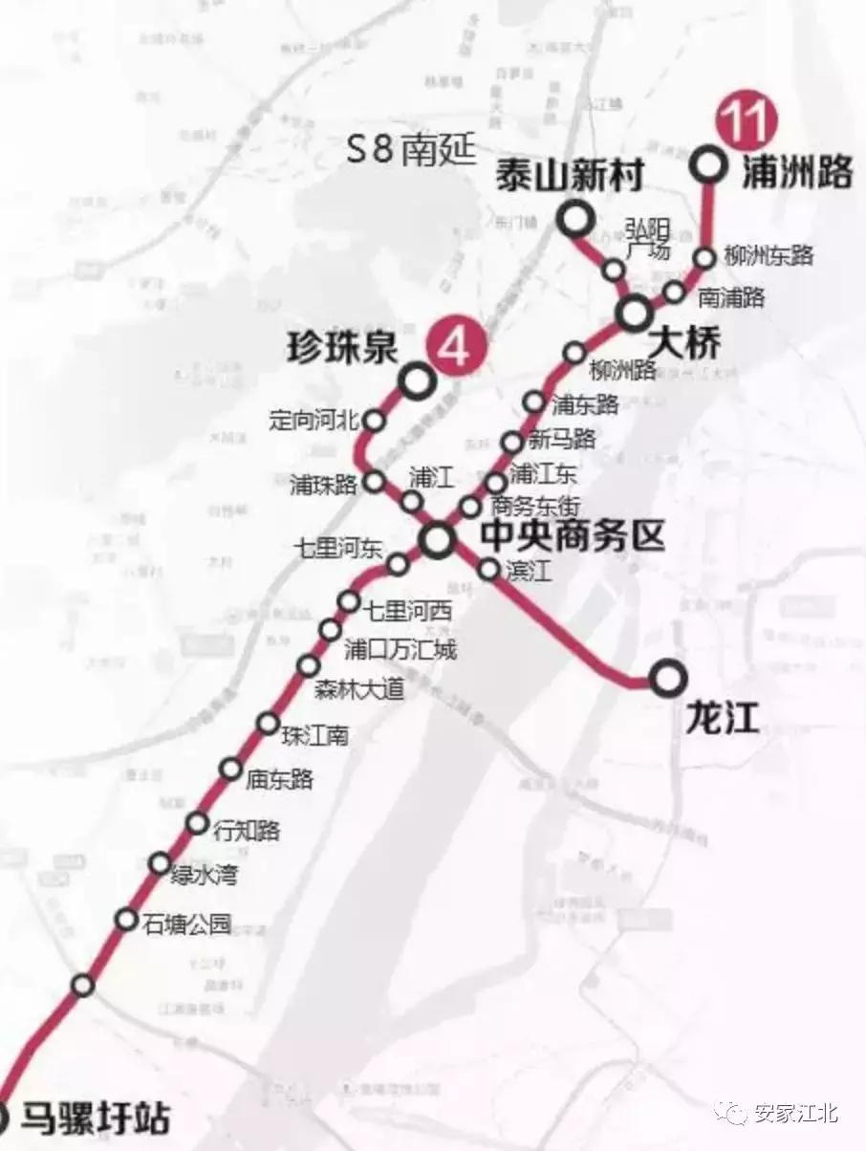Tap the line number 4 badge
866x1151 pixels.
click(x=455, y=345)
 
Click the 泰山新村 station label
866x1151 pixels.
click(x=569, y=177)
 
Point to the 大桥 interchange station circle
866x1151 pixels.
click(x=634, y=312)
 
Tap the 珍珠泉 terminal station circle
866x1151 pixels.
click(x=418, y=381)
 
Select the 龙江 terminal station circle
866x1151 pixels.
click(x=668, y=679)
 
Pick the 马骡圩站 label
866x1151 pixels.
click(x=96, y=1116)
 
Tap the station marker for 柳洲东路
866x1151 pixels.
click(x=704, y=257)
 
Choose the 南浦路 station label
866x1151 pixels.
click(x=731, y=297)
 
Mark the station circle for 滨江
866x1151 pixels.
click(x=488, y=570)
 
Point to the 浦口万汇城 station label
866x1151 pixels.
click(x=401, y=651)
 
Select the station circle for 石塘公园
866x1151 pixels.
click(x=126, y=920)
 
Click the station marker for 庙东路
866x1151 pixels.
click(x=230, y=769)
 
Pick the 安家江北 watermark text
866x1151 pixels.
click(x=795, y=1113)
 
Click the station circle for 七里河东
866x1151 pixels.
click(x=398, y=565)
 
